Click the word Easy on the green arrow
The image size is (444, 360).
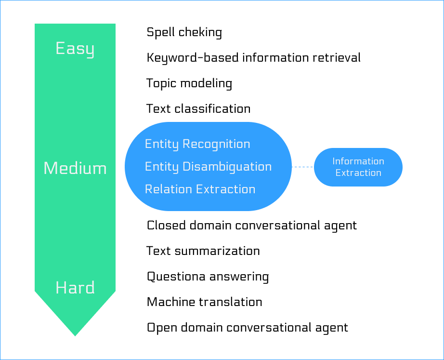75,49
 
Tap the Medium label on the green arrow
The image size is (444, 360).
75,168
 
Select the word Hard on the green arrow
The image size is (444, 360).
75,288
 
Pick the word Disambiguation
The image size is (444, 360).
227,167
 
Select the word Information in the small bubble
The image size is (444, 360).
358,161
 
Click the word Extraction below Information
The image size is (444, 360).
358,173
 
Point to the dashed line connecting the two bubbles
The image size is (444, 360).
302,167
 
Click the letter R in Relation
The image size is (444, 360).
148,189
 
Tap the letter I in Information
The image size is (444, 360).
334,161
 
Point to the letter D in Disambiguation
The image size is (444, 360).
186,167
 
